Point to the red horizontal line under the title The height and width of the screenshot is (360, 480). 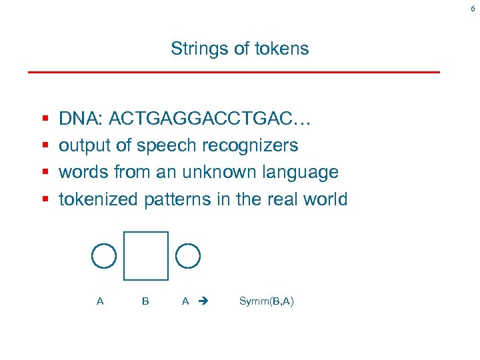pyautogui.click(x=233, y=71)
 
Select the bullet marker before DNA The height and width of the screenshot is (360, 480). pyautogui.click(x=44, y=119)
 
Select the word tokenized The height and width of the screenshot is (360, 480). pyautogui.click(x=99, y=199)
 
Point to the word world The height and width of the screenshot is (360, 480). pyautogui.click(x=324, y=199)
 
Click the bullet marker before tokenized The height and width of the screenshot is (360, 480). pyautogui.click(x=44, y=199)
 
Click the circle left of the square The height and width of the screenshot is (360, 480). pyautogui.click(x=103, y=255)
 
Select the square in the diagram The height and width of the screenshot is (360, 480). pyautogui.click(x=146, y=255)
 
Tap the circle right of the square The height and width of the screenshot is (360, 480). pyautogui.click(x=188, y=255)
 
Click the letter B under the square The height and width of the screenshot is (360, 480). pyautogui.click(x=145, y=301)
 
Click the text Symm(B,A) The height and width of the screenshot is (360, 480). pyautogui.click(x=266, y=301)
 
